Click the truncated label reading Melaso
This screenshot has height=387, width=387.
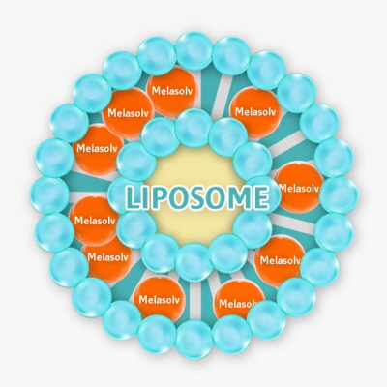(x=237, y=304)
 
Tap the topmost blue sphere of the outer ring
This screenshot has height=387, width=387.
(x=194, y=51)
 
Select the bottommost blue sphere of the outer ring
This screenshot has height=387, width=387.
(x=194, y=340)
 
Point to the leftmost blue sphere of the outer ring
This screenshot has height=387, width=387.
(x=49, y=195)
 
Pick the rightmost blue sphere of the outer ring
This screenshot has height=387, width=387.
(x=339, y=195)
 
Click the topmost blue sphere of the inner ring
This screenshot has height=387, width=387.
(x=194, y=128)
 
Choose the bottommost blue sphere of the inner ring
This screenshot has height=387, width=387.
(x=194, y=262)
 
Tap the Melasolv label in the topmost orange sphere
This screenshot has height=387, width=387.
(x=172, y=91)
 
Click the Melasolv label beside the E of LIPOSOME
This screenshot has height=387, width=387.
(x=299, y=188)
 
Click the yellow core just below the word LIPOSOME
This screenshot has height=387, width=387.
(x=194, y=223)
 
